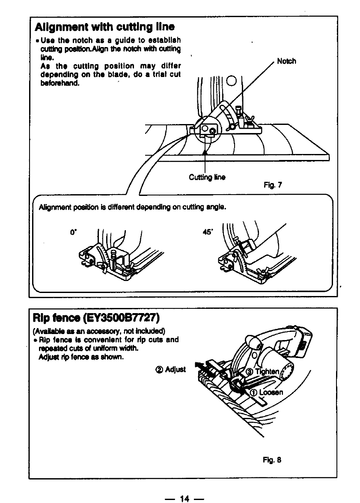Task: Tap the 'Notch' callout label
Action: pyautogui.click(x=286, y=61)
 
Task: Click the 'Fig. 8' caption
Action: pyautogui.click(x=272, y=460)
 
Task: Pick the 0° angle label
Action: pyautogui.click(x=72, y=234)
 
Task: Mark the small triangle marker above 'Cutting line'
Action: pyautogui.click(x=205, y=153)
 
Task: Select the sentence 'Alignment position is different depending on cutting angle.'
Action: pyautogui.click(x=132, y=207)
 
